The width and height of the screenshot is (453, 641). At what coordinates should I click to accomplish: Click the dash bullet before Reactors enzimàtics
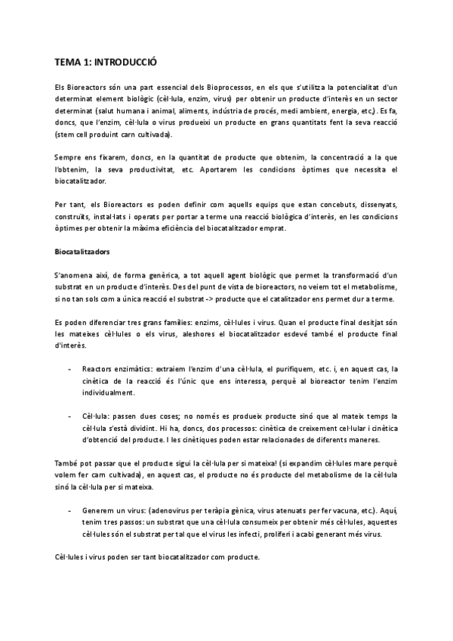click(70, 369)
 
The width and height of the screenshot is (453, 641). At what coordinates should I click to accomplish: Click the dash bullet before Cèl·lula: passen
click(70, 416)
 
